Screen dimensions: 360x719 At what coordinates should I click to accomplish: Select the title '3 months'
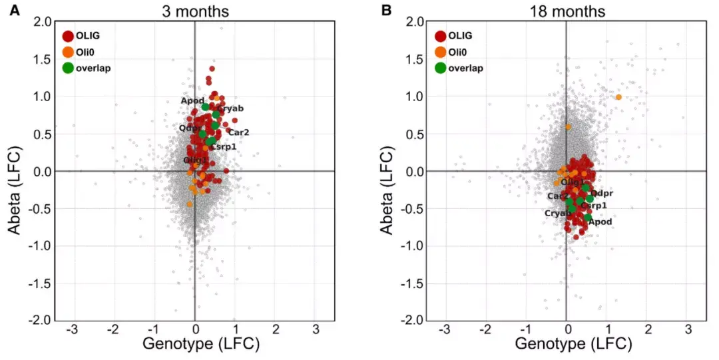(x=194, y=11)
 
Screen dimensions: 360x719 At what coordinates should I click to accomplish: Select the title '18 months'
(x=567, y=11)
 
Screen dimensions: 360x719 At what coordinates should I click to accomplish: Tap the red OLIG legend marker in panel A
(x=67, y=36)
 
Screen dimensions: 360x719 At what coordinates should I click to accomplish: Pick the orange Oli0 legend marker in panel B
(x=440, y=52)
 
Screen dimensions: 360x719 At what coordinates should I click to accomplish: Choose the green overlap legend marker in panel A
(x=67, y=68)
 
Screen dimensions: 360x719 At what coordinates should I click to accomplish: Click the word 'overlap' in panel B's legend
(x=466, y=68)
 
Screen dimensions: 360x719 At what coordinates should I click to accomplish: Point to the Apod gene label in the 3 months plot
(x=192, y=100)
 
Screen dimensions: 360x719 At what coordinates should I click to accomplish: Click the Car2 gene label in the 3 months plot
(x=238, y=132)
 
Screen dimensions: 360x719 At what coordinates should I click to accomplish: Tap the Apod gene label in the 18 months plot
(x=600, y=222)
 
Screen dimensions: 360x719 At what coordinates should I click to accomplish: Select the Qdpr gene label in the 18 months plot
(x=602, y=194)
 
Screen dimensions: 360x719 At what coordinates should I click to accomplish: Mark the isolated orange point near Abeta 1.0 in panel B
(x=618, y=97)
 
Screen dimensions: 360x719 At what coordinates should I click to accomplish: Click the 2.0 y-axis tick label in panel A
(x=43, y=22)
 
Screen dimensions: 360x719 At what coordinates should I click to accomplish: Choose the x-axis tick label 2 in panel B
(x=648, y=329)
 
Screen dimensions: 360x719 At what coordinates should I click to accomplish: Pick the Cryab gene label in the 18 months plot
(x=557, y=213)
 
